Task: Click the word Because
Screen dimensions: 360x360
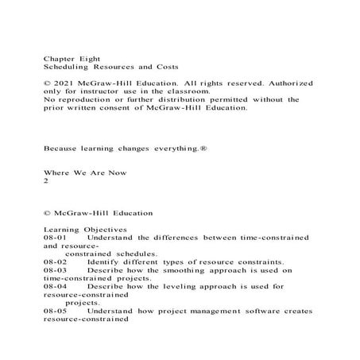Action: (x=62, y=149)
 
